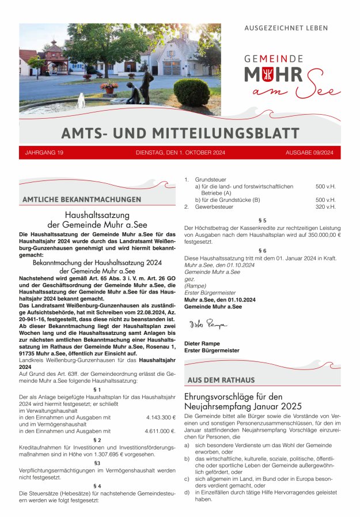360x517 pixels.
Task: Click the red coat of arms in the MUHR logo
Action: [283, 74]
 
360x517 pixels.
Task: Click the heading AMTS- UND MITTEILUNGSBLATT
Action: [180, 133]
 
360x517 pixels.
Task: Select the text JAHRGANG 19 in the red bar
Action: [44, 153]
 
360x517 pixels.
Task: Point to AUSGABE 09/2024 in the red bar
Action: [309, 153]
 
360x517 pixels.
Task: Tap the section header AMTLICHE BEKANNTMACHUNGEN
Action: [81, 199]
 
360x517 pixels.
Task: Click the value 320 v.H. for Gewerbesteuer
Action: [325, 206]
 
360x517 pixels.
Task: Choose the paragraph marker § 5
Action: [263, 221]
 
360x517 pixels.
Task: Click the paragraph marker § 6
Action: [263, 250]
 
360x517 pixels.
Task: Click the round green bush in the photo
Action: [192, 92]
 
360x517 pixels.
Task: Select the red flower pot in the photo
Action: [109, 90]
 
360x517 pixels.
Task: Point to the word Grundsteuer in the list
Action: [211, 179]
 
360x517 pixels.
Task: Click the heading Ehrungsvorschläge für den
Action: [233, 397]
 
